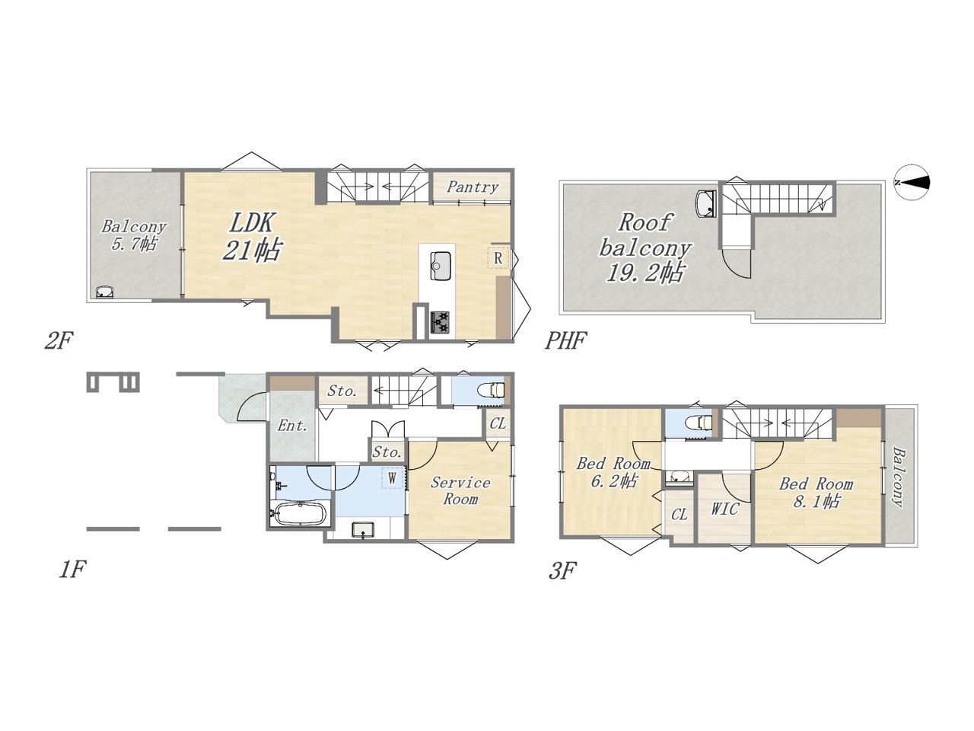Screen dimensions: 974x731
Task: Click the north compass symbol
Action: click(x=912, y=183)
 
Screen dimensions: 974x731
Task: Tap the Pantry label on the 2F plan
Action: click(x=472, y=187)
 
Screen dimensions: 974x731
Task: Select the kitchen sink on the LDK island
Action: click(x=440, y=266)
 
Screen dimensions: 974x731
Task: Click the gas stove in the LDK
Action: click(x=440, y=322)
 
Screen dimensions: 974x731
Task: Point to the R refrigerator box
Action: click(x=498, y=258)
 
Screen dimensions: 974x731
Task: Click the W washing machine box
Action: click(x=392, y=477)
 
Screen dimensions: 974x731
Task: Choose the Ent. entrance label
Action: click(x=292, y=426)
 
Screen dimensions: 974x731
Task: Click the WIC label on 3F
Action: click(x=724, y=509)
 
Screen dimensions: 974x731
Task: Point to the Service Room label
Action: click(x=460, y=491)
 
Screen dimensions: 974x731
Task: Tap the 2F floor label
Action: click(x=59, y=341)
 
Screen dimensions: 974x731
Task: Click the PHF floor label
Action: click(x=566, y=340)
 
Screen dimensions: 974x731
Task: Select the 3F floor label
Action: click(x=562, y=570)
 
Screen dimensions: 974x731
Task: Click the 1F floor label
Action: click(x=72, y=570)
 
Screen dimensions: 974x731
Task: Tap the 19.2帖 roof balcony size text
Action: click(x=644, y=273)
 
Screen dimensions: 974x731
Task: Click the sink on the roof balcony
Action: click(x=705, y=204)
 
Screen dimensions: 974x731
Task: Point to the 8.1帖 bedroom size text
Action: click(x=816, y=502)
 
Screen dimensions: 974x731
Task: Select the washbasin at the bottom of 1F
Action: click(x=362, y=530)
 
